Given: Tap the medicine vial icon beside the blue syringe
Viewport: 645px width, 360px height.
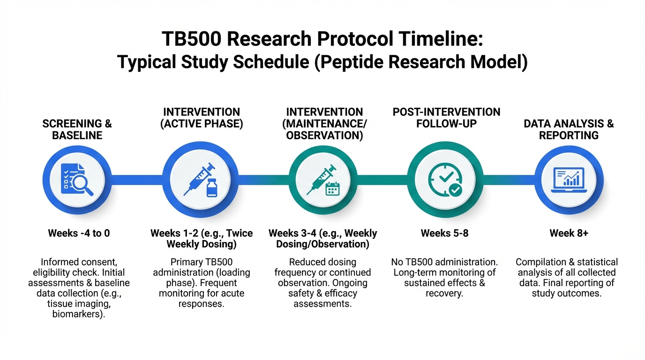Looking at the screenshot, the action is click(x=212, y=188).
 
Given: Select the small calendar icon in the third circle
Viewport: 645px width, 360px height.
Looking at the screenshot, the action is click(x=333, y=189).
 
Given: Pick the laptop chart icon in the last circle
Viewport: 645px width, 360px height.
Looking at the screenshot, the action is click(x=569, y=180).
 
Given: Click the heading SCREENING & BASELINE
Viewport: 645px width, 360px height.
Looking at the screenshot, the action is click(x=77, y=129).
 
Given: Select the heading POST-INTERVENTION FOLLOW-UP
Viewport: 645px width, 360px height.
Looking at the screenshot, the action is click(x=446, y=118).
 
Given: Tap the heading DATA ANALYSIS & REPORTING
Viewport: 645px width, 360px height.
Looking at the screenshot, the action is click(x=569, y=129).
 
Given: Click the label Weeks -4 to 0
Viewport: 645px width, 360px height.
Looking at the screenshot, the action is click(x=79, y=233).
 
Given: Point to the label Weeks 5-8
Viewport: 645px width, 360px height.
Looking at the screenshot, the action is click(x=444, y=233).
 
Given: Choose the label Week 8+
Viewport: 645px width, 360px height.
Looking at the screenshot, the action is click(x=569, y=233).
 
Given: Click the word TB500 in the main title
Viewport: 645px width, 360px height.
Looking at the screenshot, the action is click(x=191, y=39).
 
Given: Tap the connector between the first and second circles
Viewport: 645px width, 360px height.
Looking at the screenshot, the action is click(x=137, y=180).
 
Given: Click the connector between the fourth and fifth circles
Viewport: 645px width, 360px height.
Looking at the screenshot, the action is click(x=509, y=180).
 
